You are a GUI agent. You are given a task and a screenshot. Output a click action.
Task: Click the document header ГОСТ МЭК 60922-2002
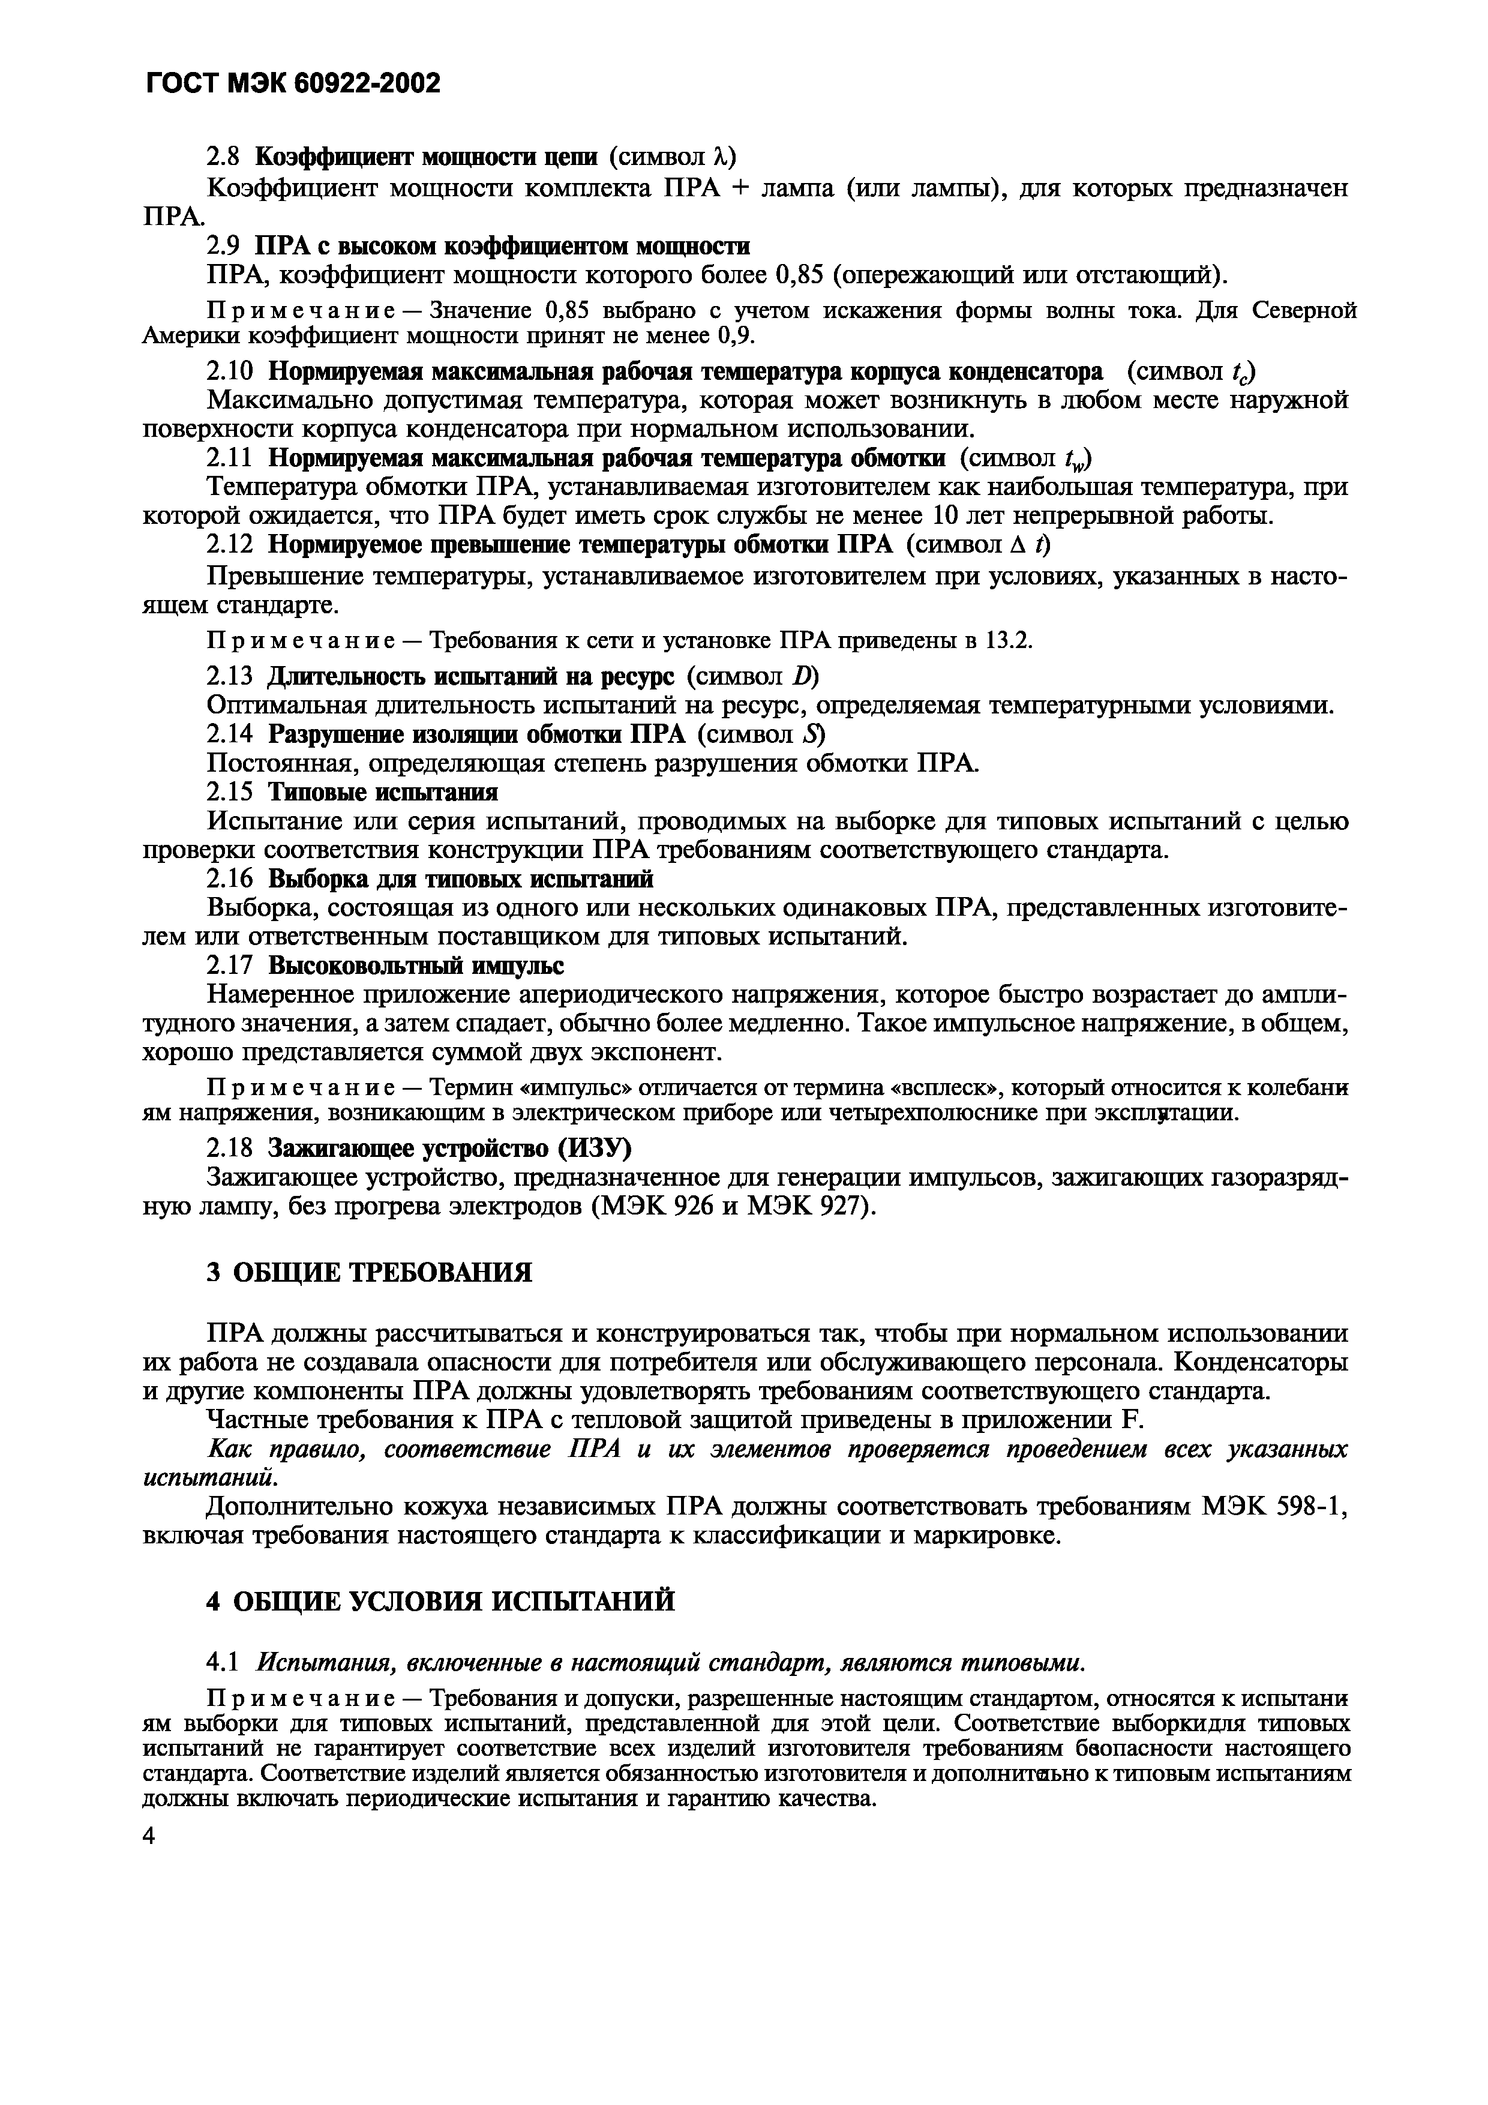click(x=292, y=83)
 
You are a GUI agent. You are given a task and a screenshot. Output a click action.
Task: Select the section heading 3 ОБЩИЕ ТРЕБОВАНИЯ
click(x=370, y=1273)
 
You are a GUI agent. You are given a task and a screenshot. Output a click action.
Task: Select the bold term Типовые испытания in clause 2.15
click(x=383, y=792)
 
